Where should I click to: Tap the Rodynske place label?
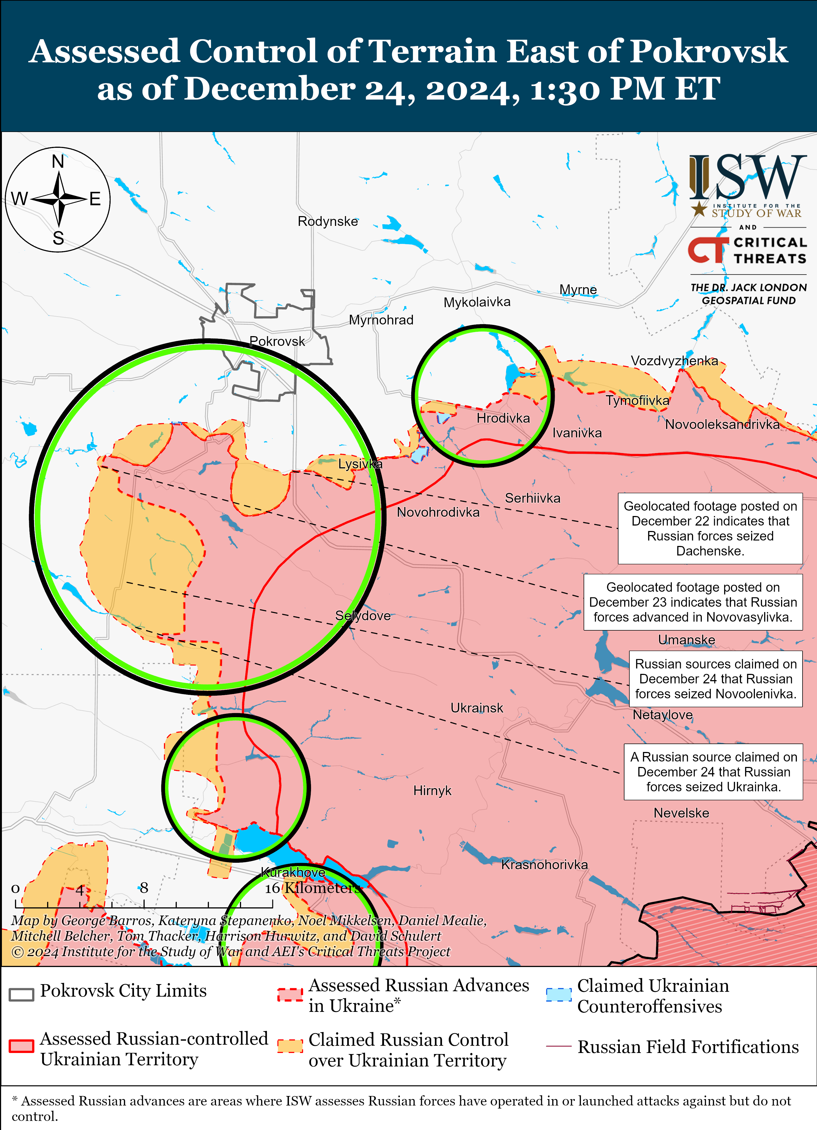(x=328, y=221)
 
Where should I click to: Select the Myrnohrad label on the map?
(x=381, y=320)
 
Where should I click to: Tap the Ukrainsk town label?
(x=477, y=708)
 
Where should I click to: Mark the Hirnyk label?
(x=432, y=791)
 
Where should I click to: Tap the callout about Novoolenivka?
(x=715, y=678)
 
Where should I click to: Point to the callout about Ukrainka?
(x=713, y=772)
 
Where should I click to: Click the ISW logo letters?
(x=748, y=177)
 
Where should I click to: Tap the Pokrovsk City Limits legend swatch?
(x=22, y=994)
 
